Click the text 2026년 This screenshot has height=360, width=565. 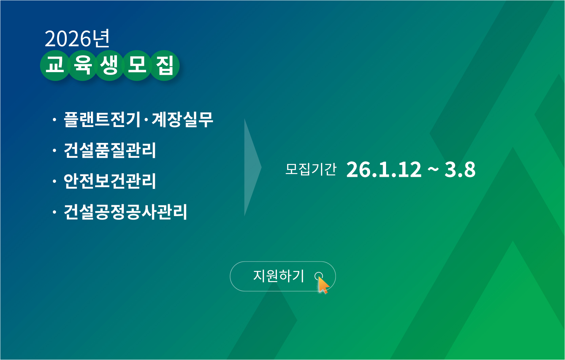point(77,39)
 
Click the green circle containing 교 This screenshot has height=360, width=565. point(55,65)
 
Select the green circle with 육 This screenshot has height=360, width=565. point(83,65)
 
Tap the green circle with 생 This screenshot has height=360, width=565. point(110,65)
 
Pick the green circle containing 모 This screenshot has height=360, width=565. point(137,65)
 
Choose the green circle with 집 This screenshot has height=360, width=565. point(165,65)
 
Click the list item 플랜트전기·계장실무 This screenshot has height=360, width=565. point(138,119)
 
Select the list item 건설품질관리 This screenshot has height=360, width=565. point(110,150)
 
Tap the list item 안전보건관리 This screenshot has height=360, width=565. point(110,181)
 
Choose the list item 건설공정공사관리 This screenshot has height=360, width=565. point(125,212)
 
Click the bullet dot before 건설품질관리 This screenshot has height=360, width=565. point(54,150)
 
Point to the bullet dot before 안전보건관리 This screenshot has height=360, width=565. point(54,182)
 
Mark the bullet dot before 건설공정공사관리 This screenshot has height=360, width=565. point(54,212)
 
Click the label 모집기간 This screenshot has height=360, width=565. point(311,169)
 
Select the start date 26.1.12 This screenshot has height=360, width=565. point(384,169)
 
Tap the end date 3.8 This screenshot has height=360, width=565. point(460,169)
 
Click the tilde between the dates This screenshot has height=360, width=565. point(433,168)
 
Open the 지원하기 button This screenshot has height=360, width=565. point(279,276)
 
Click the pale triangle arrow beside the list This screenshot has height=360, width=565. point(252,167)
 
